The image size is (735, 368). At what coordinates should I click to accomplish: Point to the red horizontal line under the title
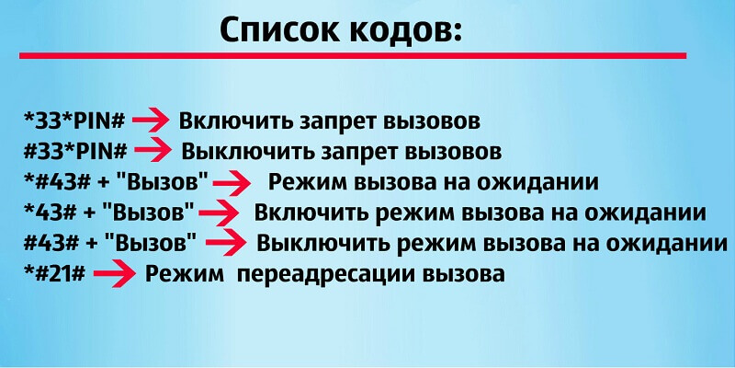point(353,56)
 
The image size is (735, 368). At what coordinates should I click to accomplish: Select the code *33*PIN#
point(74,121)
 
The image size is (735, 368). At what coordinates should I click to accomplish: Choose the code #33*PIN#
point(75,151)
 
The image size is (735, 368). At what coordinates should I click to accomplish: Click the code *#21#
point(54,273)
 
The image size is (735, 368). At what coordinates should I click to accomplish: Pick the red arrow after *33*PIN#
point(150,121)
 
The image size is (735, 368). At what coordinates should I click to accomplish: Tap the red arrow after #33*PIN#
point(153,152)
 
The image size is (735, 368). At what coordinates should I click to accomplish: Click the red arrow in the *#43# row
point(232,183)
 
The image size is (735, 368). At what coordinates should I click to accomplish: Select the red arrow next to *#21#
point(114,275)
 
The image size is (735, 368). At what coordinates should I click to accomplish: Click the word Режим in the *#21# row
point(185,274)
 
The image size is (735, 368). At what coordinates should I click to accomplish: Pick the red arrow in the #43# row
point(225,242)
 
